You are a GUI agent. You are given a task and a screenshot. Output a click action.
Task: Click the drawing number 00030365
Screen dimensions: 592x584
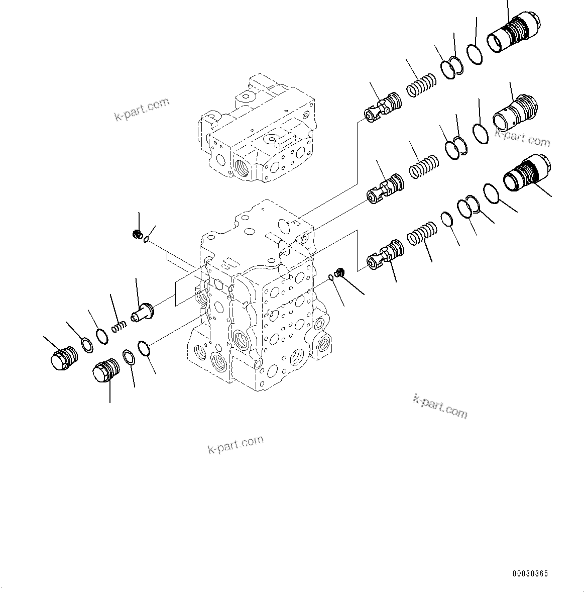(530, 573)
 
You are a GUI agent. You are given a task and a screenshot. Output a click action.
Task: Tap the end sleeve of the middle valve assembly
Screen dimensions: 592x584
(515, 111)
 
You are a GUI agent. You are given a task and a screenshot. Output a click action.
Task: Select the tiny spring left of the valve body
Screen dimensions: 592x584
(119, 327)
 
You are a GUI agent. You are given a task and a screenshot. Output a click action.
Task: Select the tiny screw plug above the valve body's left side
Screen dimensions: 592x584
(136, 234)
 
